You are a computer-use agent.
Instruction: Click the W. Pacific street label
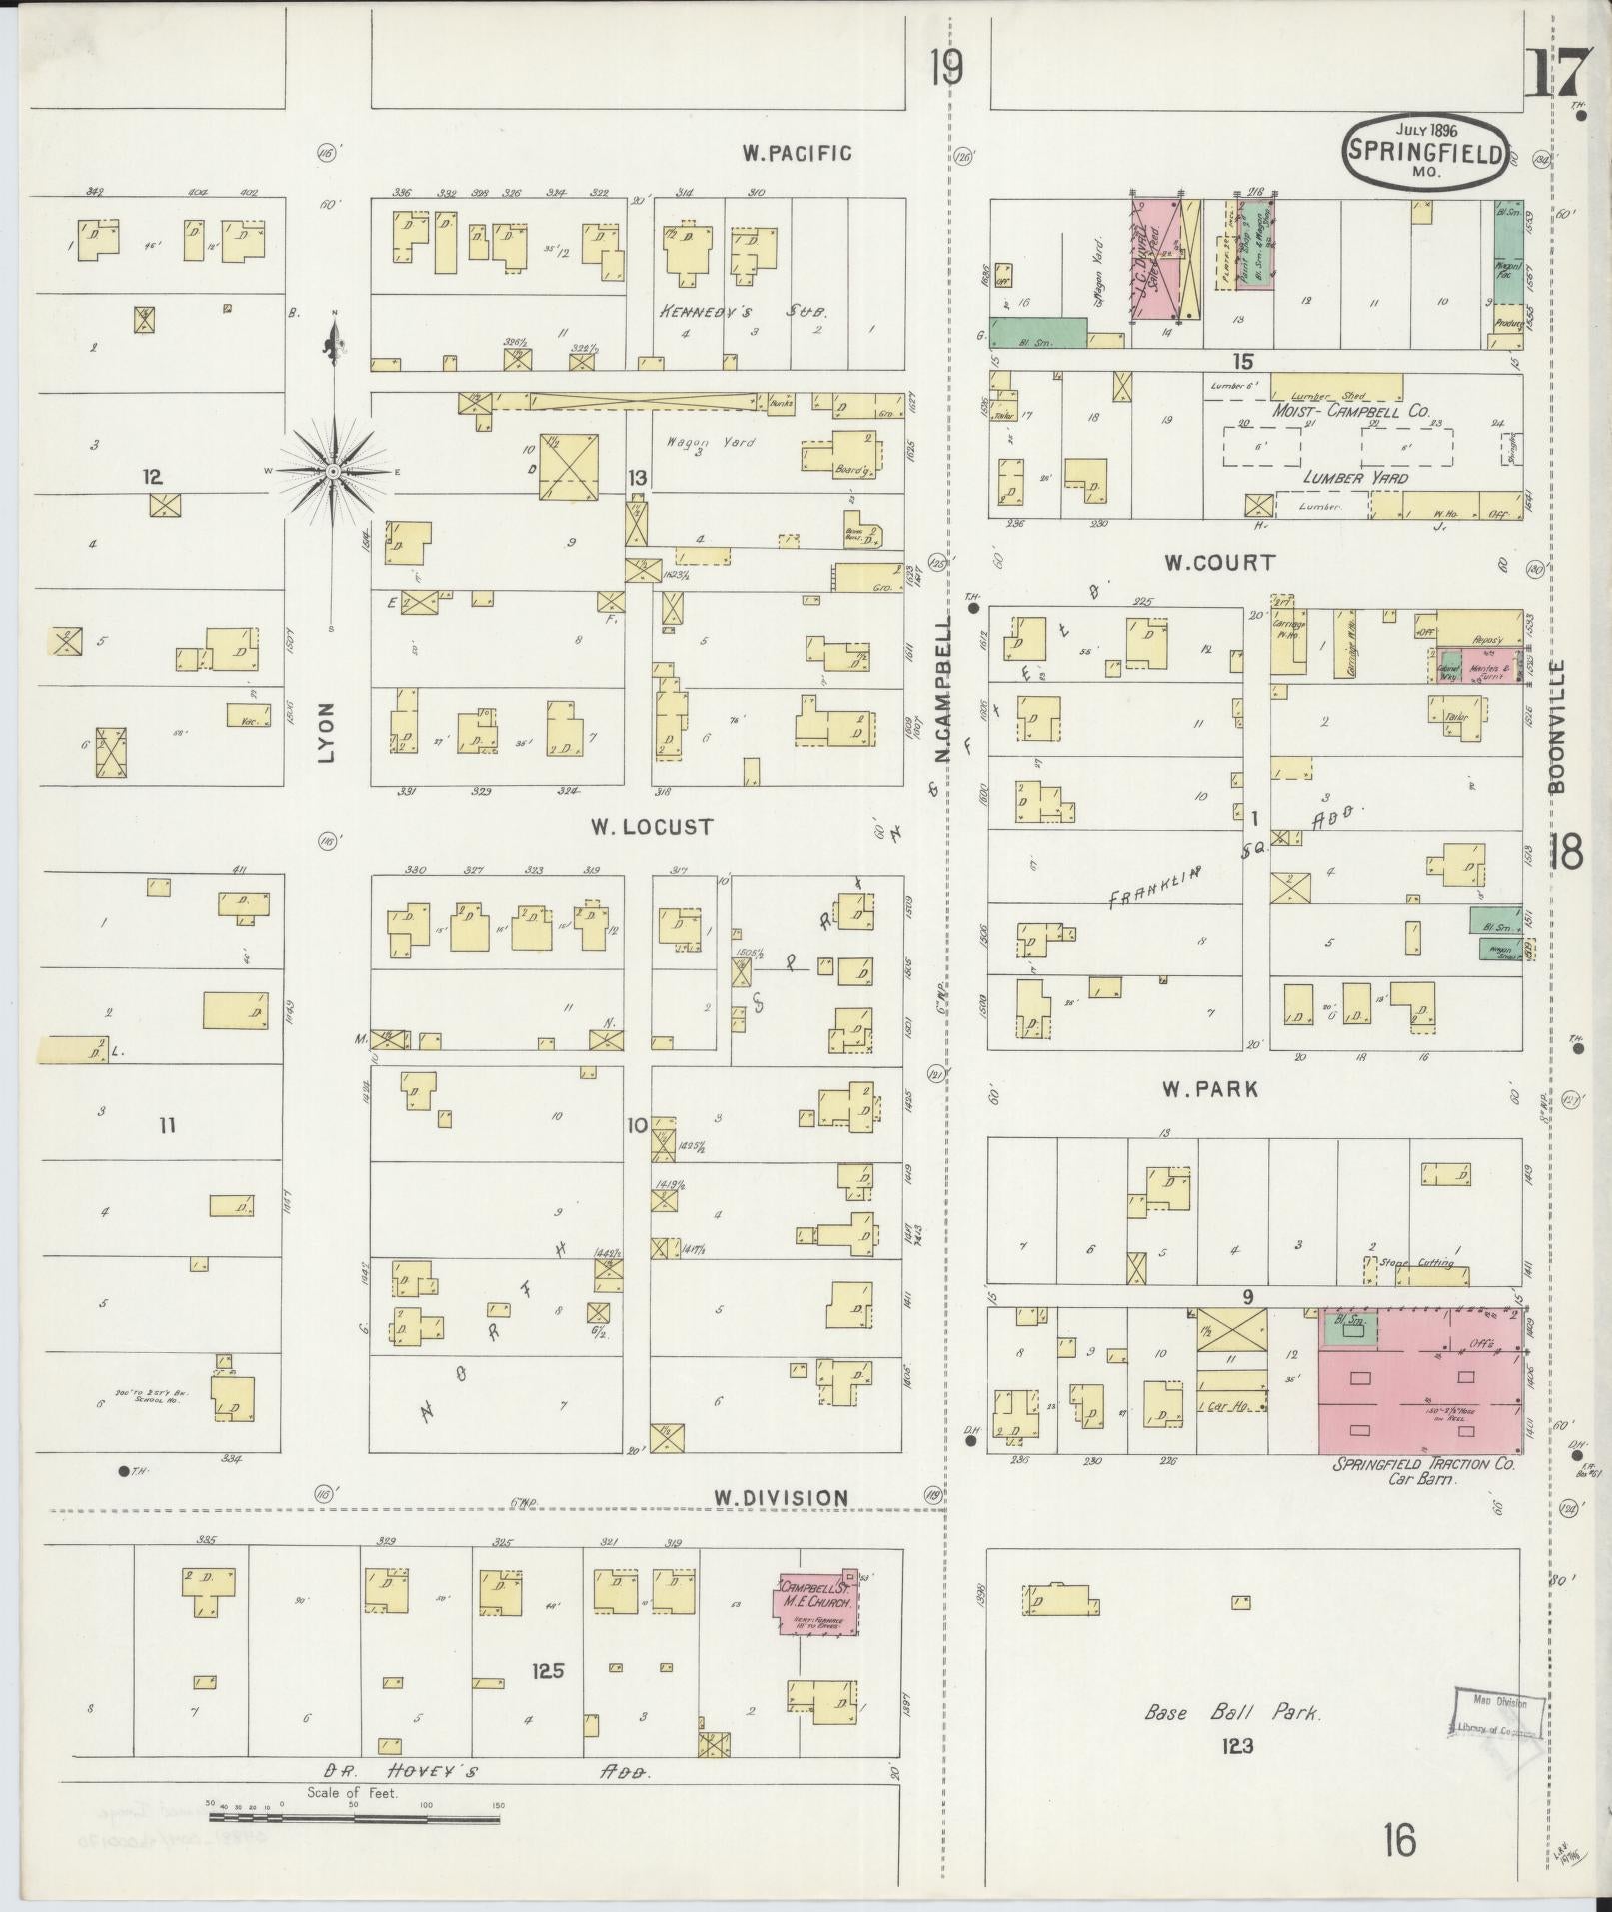(x=797, y=153)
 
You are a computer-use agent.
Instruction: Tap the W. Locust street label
(x=651, y=827)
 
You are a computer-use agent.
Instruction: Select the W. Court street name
(x=1219, y=563)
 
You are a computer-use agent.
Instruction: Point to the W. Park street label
(x=1209, y=1089)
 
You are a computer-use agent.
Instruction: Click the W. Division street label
(x=781, y=1497)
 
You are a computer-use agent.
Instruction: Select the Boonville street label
(x=1556, y=727)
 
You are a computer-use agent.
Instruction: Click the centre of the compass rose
(x=334, y=470)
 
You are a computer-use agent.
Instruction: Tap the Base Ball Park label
(x=1233, y=1712)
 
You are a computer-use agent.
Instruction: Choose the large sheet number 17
(x=1555, y=72)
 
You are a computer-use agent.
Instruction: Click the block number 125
(x=548, y=1669)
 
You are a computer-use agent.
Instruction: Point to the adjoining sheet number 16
(x=1400, y=1839)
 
